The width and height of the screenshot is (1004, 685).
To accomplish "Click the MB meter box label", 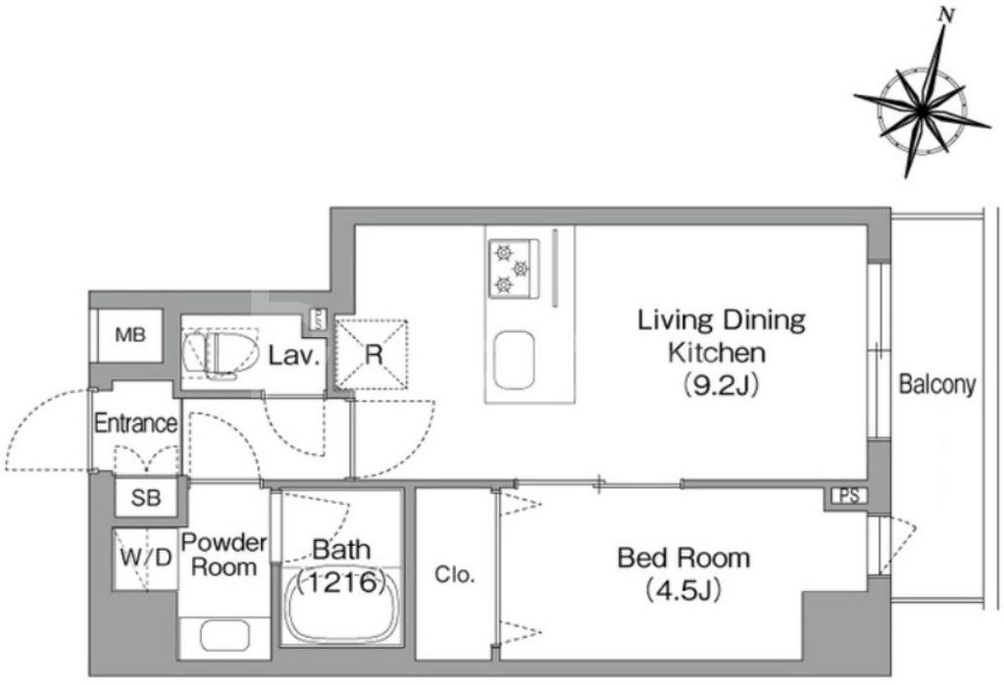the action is (130, 334).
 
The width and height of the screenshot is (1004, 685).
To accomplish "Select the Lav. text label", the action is (294, 356).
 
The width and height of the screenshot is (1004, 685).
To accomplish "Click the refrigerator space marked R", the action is (372, 354).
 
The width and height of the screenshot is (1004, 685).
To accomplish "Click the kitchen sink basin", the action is (514, 360).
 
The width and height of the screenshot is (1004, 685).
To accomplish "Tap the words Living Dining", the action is (721, 320).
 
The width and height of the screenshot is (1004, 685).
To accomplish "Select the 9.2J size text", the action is (721, 384).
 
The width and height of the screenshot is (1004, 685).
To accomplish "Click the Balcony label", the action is (936, 384).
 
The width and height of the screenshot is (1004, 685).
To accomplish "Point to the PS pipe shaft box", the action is (850, 496).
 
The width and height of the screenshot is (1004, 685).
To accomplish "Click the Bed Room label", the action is (683, 559).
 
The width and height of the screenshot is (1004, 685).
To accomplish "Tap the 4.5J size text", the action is (683, 590).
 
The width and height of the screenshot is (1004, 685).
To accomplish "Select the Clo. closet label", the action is (455, 574).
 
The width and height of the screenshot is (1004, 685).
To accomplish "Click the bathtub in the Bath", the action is (343, 607).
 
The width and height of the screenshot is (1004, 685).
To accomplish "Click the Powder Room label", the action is (224, 555).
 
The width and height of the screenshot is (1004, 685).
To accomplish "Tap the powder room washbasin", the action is (225, 636).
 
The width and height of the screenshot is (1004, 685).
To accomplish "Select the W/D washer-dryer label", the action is (146, 557).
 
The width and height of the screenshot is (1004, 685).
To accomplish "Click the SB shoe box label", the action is (146, 498).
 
